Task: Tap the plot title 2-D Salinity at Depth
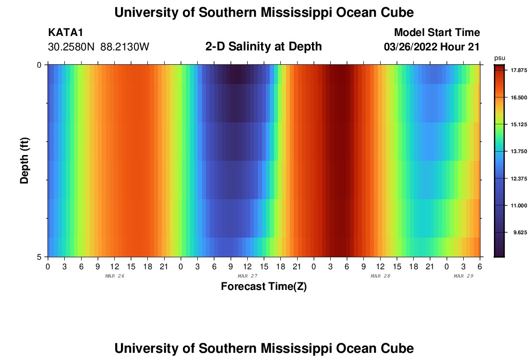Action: (x=264, y=47)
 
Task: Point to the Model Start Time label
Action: (x=437, y=33)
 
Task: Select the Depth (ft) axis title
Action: (x=24, y=161)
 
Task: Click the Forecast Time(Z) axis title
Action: (x=264, y=287)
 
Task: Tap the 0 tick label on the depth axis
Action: (x=39, y=64)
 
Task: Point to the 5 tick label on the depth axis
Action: (x=39, y=257)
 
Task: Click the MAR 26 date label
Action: (x=114, y=276)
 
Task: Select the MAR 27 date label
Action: (x=247, y=276)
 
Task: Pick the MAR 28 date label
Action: (x=380, y=276)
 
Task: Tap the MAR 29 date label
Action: (x=464, y=276)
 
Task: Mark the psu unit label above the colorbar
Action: (x=500, y=58)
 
